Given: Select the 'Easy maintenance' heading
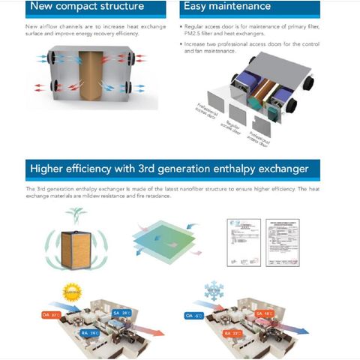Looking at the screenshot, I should tap(226, 7).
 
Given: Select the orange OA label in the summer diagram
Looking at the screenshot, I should tap(50, 314).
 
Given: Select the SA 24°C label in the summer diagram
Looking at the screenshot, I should tap(121, 312).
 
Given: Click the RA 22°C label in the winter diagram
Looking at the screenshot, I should tap(231, 332).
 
